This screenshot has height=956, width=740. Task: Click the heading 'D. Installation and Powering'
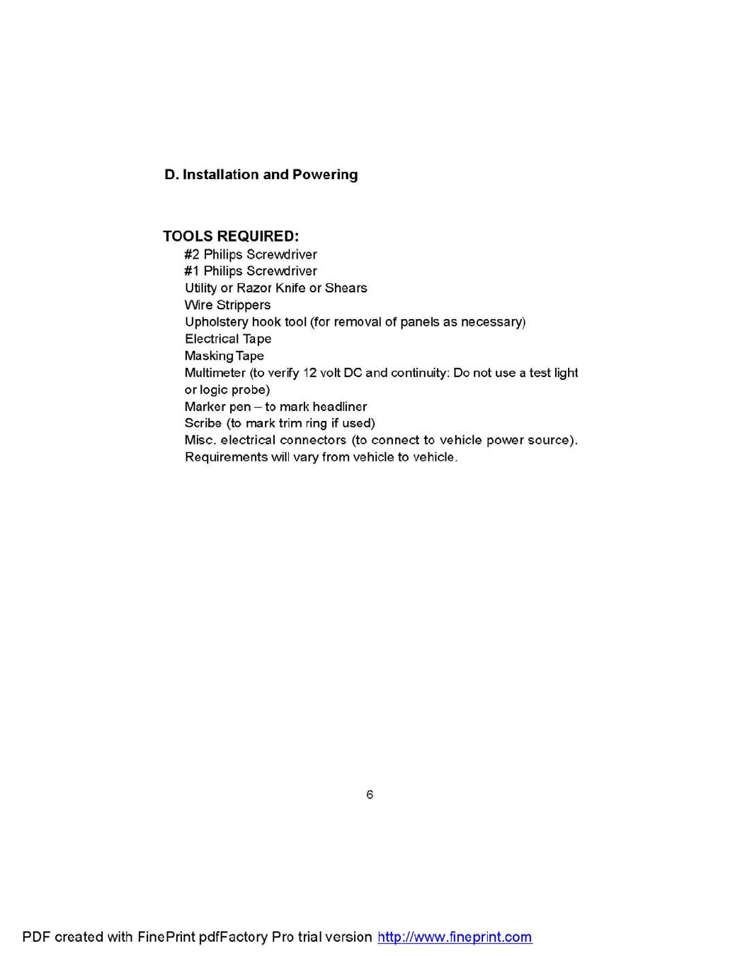pos(261,175)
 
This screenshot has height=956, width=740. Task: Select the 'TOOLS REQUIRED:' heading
pos(231,236)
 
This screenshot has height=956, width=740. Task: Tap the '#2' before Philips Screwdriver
pos(192,255)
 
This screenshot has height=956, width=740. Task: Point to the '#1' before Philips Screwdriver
pos(192,272)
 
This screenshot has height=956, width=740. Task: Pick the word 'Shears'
pos(346,289)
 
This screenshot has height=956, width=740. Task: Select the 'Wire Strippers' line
pos(227,306)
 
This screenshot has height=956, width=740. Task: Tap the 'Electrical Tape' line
pos(228,340)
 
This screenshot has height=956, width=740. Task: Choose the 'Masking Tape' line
pos(224,357)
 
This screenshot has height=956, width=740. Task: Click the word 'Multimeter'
pos(215,373)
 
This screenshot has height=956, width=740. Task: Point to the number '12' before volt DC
pos(309,373)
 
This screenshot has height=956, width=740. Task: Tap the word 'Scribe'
pos(203,424)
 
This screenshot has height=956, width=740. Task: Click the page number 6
pos(370,795)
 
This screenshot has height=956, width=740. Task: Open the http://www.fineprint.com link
pos(455,938)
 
